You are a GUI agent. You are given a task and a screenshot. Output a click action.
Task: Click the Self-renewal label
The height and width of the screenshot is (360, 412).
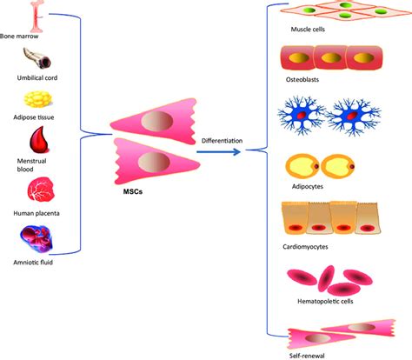[305, 355]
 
